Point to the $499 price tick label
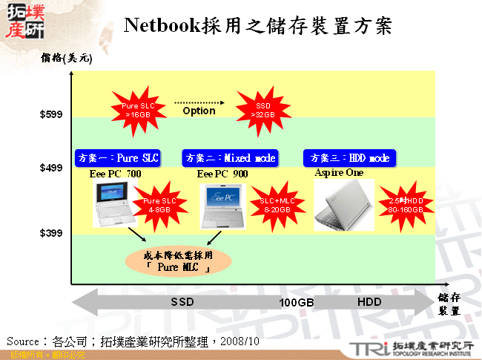[51, 168]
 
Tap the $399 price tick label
[51, 234]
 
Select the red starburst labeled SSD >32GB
[263, 111]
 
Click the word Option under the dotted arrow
[198, 111]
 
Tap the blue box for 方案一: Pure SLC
[118, 158]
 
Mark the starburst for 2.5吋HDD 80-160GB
[405, 205]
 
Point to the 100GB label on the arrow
[297, 304]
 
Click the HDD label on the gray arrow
[369, 303]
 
